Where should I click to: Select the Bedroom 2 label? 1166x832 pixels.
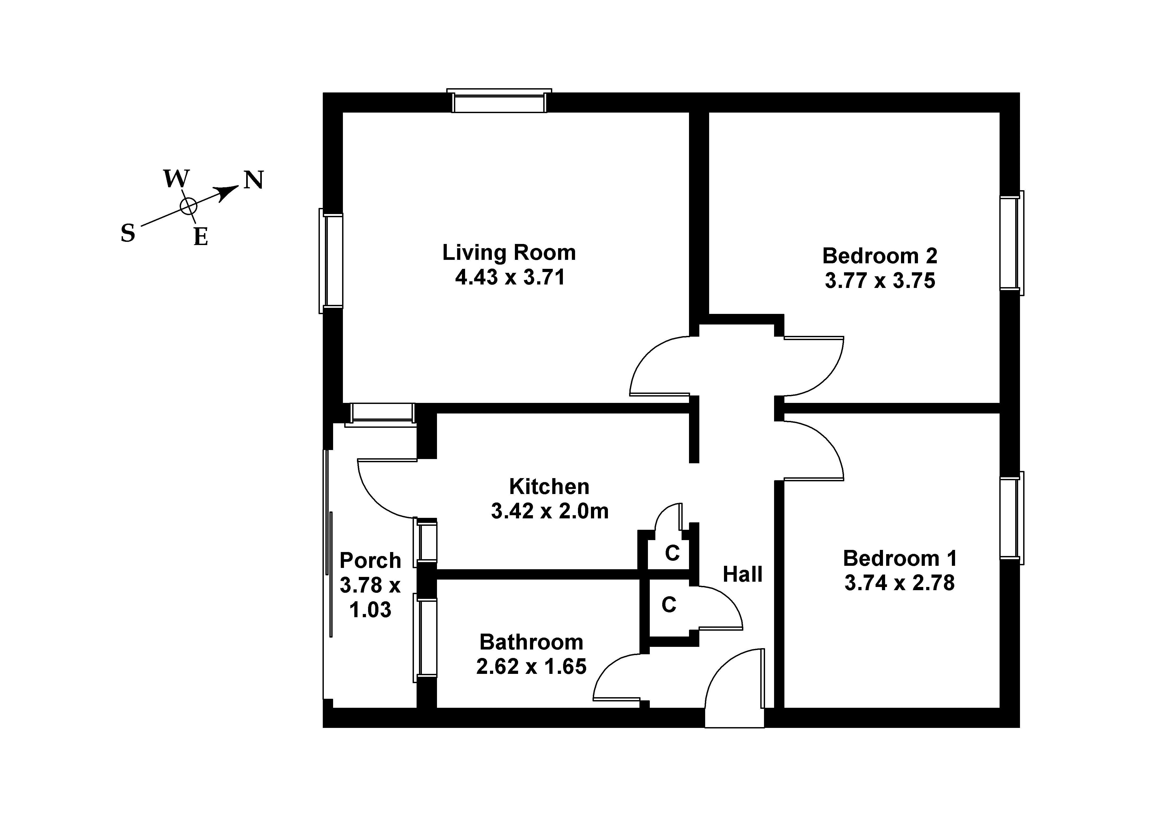click(880, 256)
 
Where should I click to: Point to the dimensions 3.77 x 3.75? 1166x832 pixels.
click(880, 281)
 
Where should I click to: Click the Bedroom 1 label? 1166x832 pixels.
click(899, 558)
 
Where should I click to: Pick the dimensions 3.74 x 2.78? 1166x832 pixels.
click(899, 583)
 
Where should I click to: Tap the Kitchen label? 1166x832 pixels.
click(549, 486)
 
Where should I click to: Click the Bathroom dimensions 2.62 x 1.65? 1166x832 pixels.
click(531, 666)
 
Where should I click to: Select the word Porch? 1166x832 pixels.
click(370, 560)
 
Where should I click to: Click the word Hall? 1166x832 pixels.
click(742, 574)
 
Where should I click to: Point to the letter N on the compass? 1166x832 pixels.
click(253, 180)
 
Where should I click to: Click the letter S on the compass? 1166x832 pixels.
click(128, 234)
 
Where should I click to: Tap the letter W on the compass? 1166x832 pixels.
click(176, 178)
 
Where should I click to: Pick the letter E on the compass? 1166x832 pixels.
click(200, 237)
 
